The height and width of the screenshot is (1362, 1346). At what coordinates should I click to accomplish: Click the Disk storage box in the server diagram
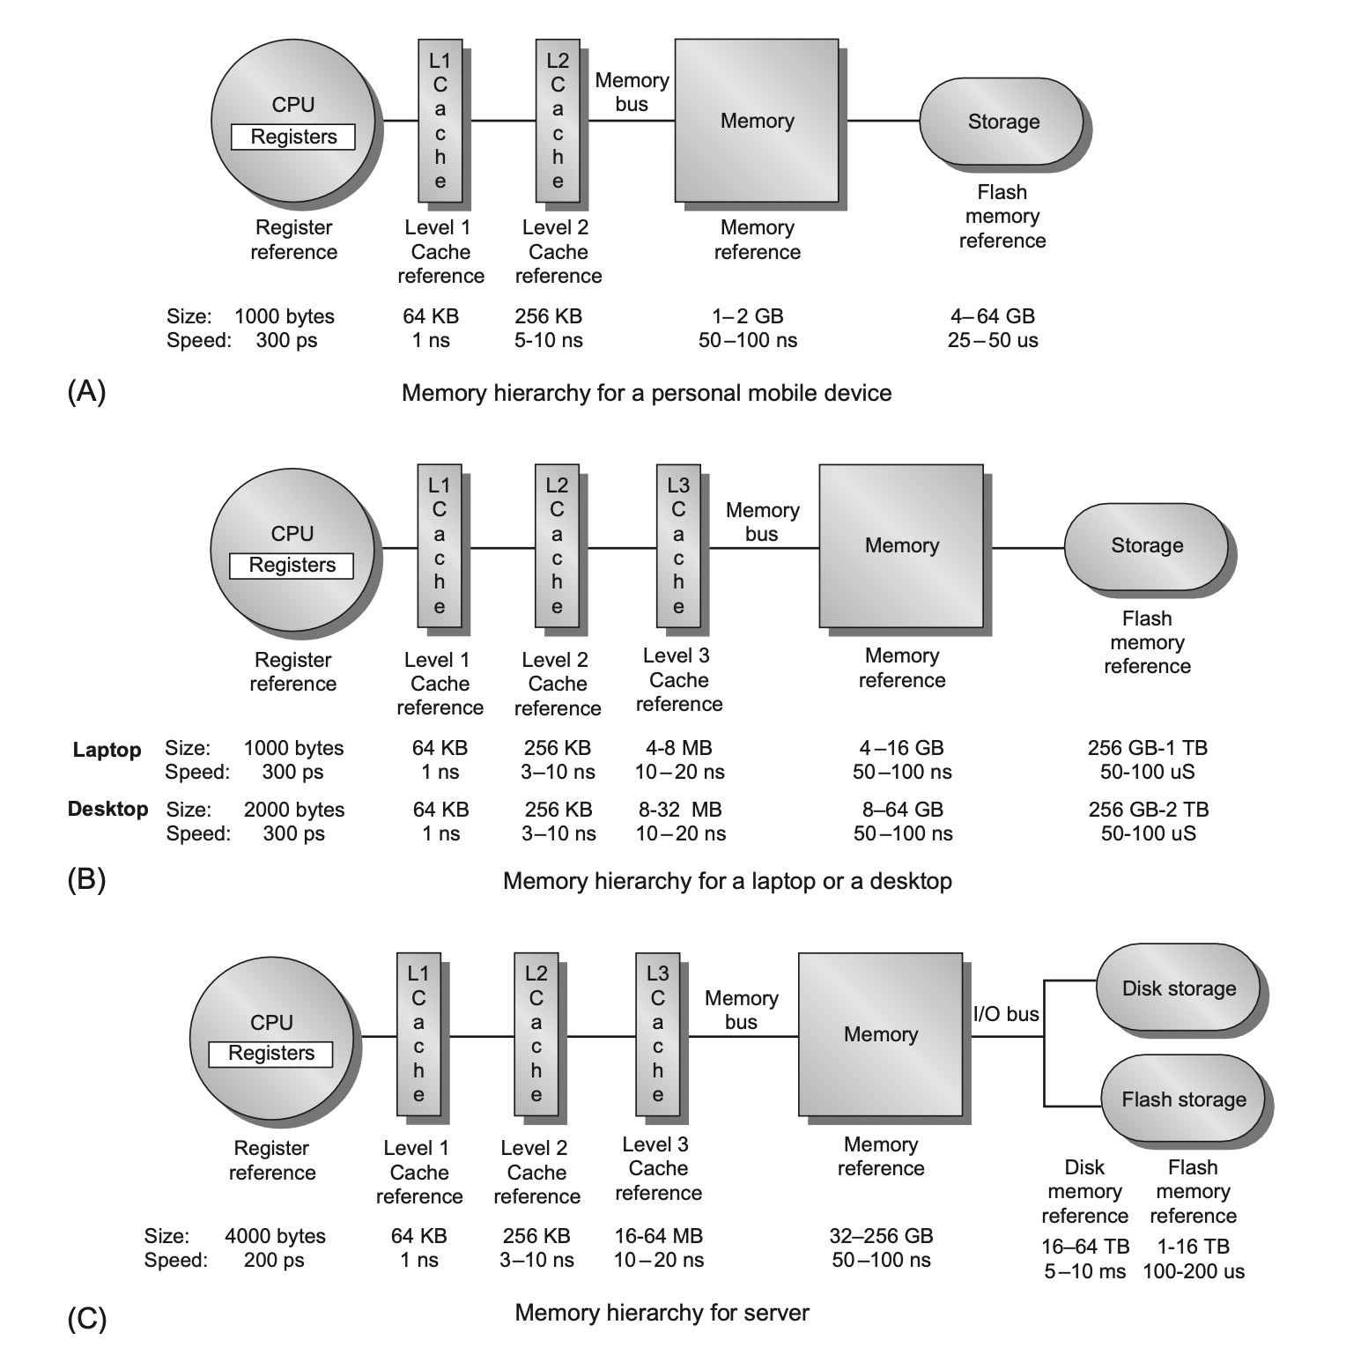1179,988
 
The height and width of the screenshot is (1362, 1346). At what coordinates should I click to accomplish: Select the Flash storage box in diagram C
1183,1099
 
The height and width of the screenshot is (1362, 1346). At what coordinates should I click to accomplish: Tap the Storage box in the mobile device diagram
1003,122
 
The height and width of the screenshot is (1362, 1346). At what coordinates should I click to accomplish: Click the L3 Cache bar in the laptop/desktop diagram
678,545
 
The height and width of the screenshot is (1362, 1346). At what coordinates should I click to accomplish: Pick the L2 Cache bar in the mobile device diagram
558,121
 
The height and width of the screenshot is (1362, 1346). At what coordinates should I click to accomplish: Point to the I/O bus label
1006,1014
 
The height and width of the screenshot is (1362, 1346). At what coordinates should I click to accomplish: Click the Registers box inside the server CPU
271,1054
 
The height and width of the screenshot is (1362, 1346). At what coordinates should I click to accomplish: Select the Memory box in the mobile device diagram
757,121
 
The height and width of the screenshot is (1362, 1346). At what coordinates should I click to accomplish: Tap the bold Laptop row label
107,750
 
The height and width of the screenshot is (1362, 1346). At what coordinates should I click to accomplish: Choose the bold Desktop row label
107,809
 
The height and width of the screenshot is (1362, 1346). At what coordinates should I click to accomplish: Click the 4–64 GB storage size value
993,316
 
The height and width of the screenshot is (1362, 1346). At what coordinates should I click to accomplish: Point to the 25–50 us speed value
993,340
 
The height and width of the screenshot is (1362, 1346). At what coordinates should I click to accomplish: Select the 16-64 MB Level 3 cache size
658,1236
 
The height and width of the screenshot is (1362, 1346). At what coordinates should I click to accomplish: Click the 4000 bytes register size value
275,1236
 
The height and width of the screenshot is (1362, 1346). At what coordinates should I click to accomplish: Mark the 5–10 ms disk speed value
1085,1270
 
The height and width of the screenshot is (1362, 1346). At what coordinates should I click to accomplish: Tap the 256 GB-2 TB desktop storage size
1148,810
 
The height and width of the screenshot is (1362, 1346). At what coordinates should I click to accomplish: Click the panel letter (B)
86,879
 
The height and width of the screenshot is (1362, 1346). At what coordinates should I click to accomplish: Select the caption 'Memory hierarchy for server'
662,1313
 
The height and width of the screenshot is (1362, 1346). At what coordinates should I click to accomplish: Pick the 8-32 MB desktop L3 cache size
679,810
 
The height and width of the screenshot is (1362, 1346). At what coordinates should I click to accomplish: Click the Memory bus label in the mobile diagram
632,93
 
